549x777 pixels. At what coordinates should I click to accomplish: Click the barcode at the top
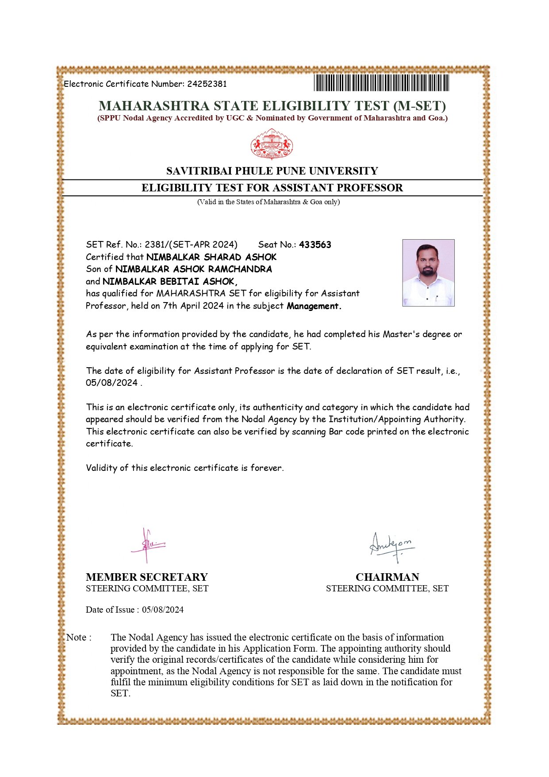381,83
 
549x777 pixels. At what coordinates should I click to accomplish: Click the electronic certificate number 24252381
207,84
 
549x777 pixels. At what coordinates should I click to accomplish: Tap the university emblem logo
272,144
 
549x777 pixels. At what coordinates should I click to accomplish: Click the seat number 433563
315,245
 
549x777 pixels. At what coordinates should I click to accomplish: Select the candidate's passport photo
428,272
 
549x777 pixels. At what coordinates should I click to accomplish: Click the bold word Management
314,306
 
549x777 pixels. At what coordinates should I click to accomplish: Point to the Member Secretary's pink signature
147,546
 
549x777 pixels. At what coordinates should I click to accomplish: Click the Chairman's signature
392,547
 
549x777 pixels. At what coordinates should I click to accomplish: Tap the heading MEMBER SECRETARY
146,577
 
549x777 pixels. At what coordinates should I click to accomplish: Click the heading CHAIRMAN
387,577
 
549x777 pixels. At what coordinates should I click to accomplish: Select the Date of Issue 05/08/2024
162,610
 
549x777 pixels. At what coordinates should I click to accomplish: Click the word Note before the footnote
76,637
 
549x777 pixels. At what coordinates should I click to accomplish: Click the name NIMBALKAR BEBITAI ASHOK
169,281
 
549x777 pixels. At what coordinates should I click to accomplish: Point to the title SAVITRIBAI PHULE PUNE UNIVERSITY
272,171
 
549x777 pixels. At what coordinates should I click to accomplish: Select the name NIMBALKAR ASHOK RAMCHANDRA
193,269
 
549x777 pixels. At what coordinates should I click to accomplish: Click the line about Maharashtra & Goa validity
269,202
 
